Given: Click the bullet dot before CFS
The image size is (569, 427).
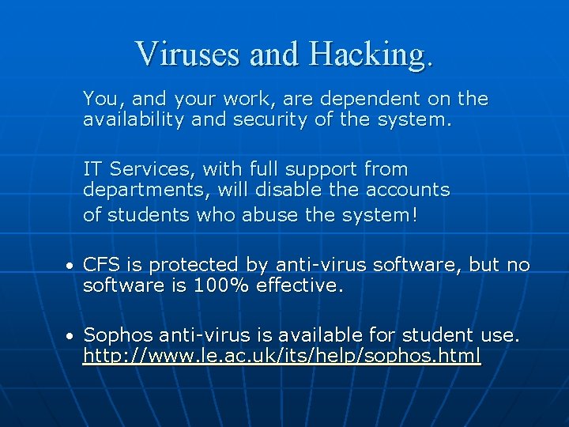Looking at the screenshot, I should click(70, 266).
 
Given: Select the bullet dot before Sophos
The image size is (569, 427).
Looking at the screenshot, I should click(70, 337).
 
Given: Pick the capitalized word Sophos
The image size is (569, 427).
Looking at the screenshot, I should click(117, 336).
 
